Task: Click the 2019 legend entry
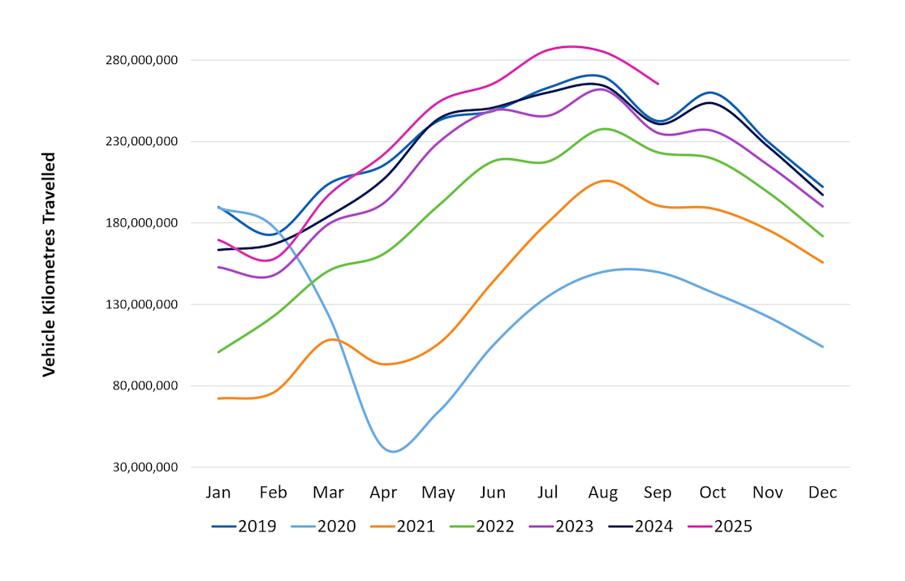(243, 527)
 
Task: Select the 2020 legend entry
(323, 527)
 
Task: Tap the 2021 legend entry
(403, 527)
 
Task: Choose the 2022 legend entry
(482, 527)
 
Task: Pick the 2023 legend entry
(561, 527)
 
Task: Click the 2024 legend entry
(640, 527)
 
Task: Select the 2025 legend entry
(720, 527)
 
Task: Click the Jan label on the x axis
(218, 493)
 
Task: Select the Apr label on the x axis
(383, 493)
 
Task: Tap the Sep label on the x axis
(657, 493)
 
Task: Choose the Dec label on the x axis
(822, 493)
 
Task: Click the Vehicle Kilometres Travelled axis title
(50, 264)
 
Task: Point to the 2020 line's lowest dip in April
(394, 451)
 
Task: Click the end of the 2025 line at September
(657, 84)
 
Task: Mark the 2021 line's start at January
(218, 398)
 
